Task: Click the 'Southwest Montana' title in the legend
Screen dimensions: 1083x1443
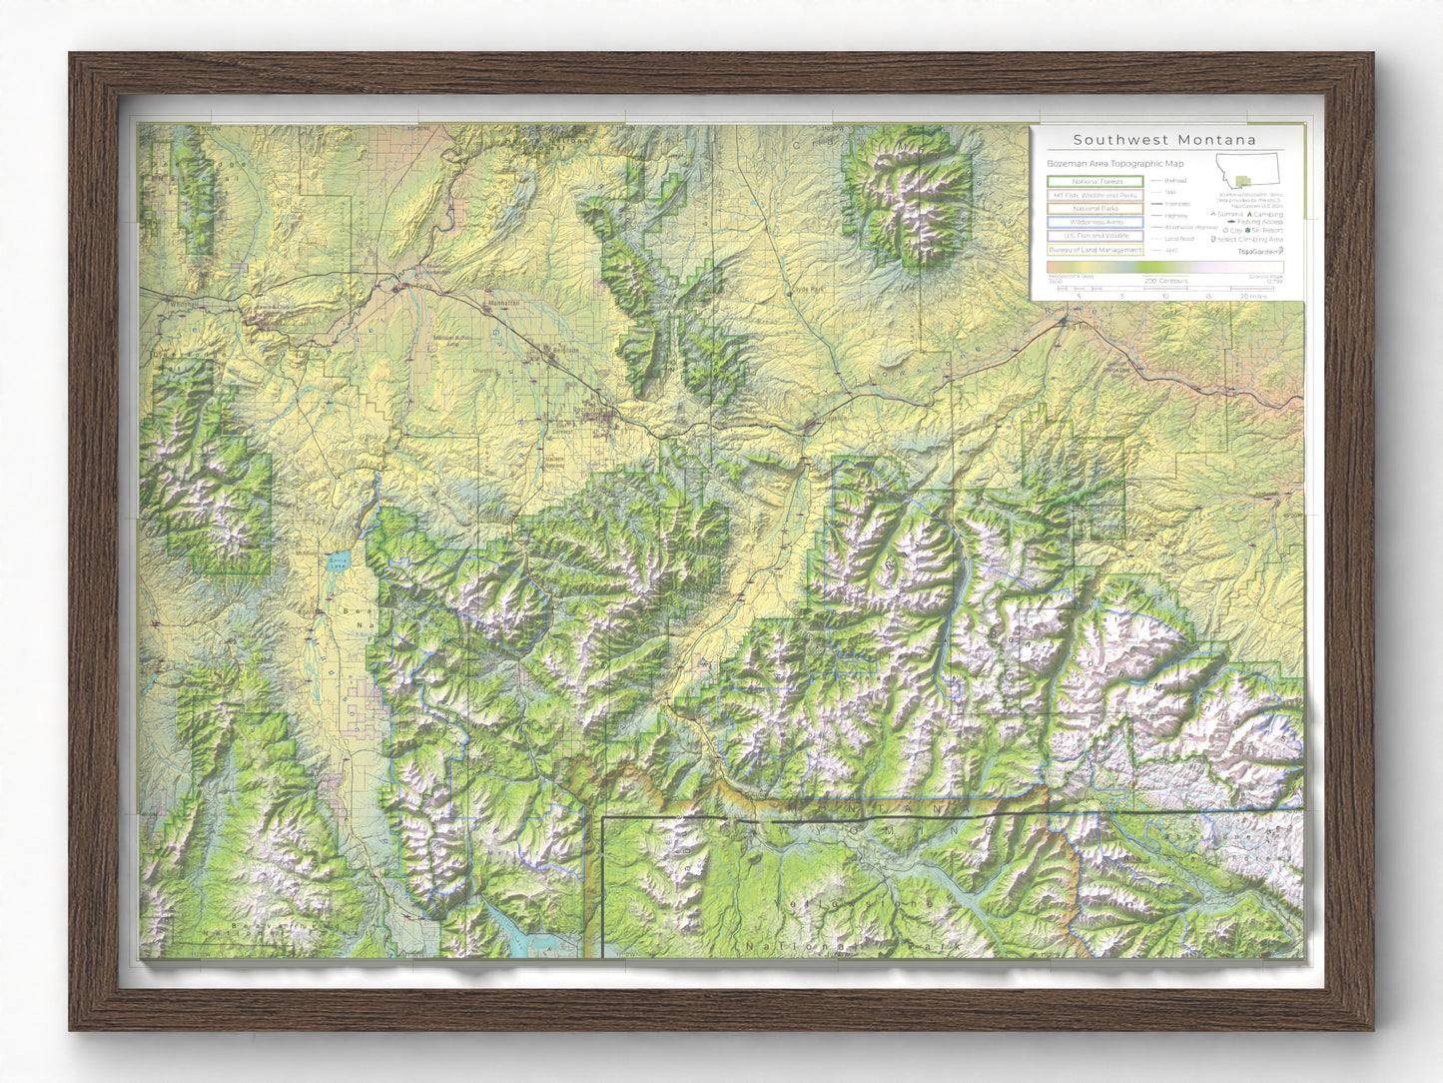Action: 1164,141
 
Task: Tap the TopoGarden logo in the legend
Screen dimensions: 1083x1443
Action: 1260,252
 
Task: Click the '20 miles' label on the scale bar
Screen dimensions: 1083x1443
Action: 1252,297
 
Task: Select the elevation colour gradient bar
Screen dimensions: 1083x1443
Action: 1164,268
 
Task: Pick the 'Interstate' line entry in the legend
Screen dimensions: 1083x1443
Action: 1176,204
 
